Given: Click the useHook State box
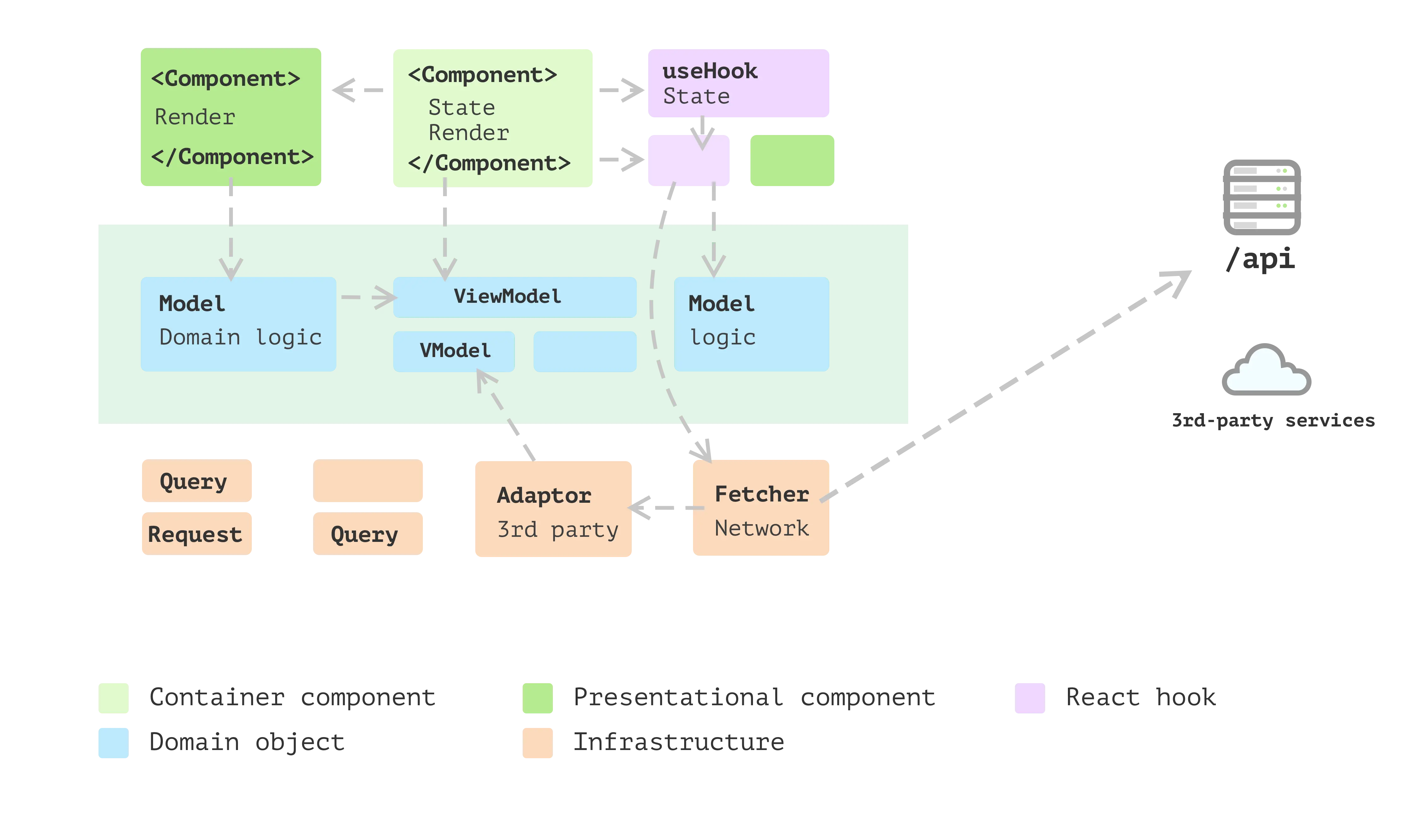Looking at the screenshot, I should pos(738,83).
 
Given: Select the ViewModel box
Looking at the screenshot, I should pos(514,297).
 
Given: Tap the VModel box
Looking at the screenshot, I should pos(454,351).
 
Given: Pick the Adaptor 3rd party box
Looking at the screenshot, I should pos(553,508).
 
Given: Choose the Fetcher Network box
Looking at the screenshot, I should pos(761,508).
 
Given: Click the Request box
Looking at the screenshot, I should pos(196,534).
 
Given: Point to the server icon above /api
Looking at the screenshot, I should pos(1261,197).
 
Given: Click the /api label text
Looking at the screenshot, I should pos(1259,259).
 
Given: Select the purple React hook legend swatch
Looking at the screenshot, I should pos(1029,697).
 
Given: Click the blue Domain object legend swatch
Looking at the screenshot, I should pos(113,743).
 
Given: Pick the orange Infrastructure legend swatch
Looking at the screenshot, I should pos(537,743).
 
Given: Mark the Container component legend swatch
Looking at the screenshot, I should pos(113,697).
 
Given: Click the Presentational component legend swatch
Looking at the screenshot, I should pos(537,697).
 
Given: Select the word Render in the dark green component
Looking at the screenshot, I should pos(195,117).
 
